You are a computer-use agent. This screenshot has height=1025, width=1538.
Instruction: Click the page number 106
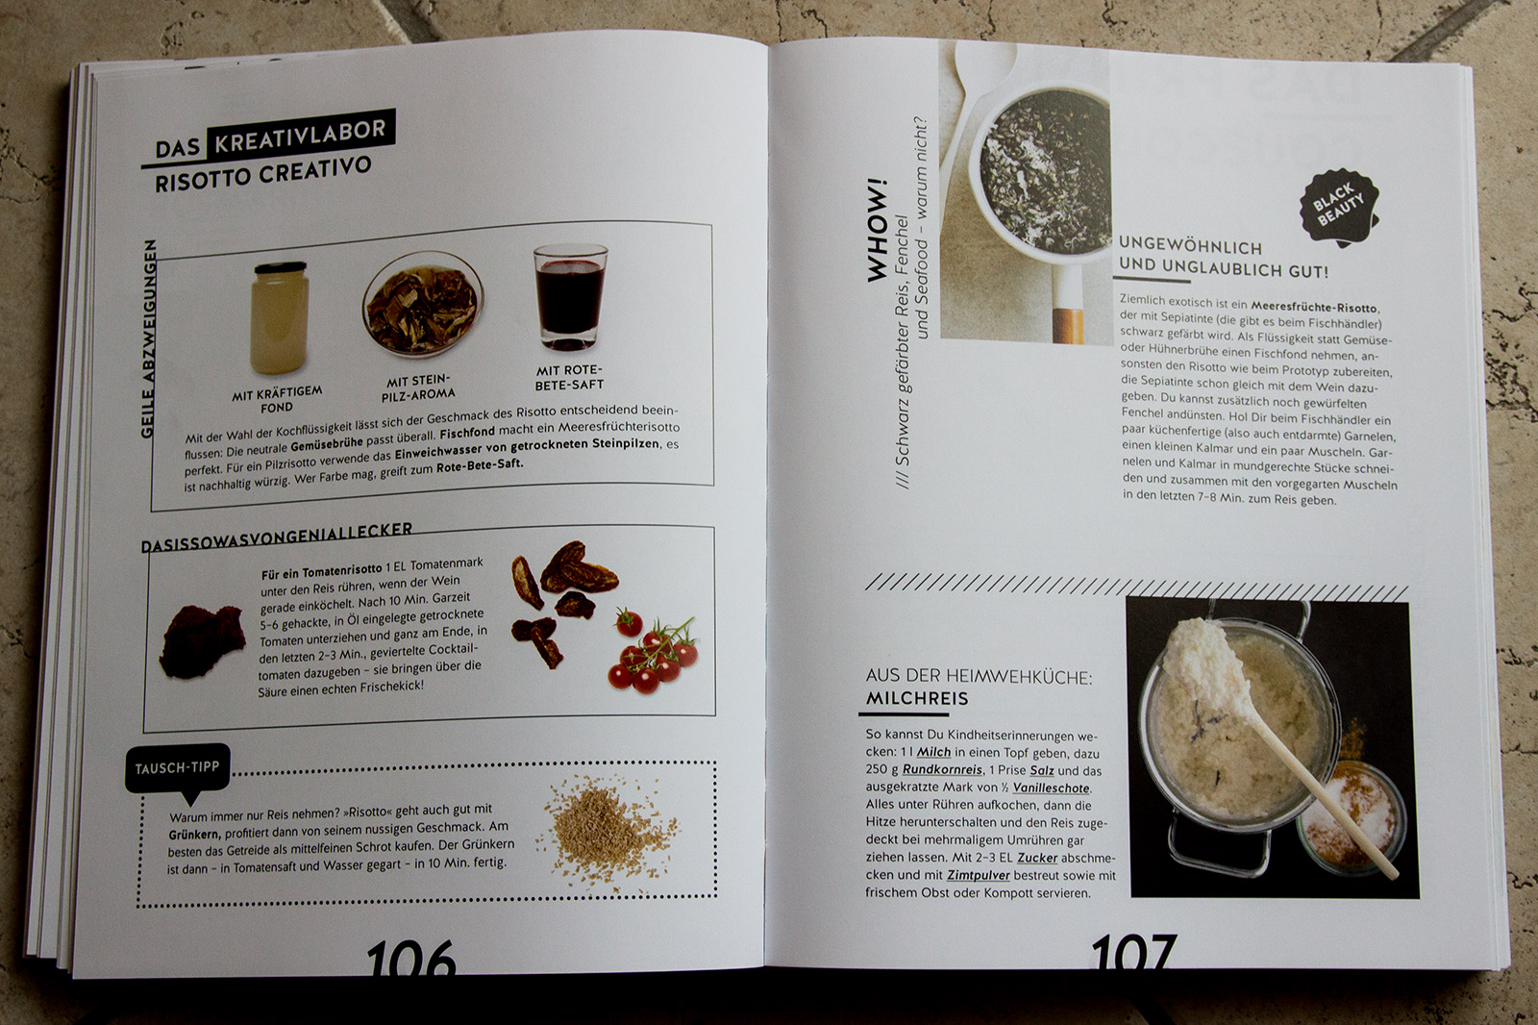(x=411, y=957)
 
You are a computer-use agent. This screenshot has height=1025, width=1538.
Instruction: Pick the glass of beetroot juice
(x=570, y=296)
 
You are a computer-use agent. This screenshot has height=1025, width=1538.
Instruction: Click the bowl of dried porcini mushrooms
(x=422, y=303)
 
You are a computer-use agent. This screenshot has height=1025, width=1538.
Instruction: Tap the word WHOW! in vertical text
(x=878, y=231)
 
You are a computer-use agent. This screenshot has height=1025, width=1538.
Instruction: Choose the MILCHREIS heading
(x=917, y=699)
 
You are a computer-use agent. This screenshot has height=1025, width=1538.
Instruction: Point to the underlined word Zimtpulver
(x=978, y=875)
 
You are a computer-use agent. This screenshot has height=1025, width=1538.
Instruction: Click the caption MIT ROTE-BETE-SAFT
(x=570, y=378)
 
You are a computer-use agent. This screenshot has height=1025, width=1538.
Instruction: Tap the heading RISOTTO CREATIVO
(x=263, y=175)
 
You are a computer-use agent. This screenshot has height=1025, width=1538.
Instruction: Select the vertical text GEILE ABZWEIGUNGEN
(x=148, y=338)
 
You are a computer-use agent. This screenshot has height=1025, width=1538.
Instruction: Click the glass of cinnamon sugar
(x=1351, y=817)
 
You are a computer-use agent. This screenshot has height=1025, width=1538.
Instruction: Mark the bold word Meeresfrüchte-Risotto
(x=1314, y=307)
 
